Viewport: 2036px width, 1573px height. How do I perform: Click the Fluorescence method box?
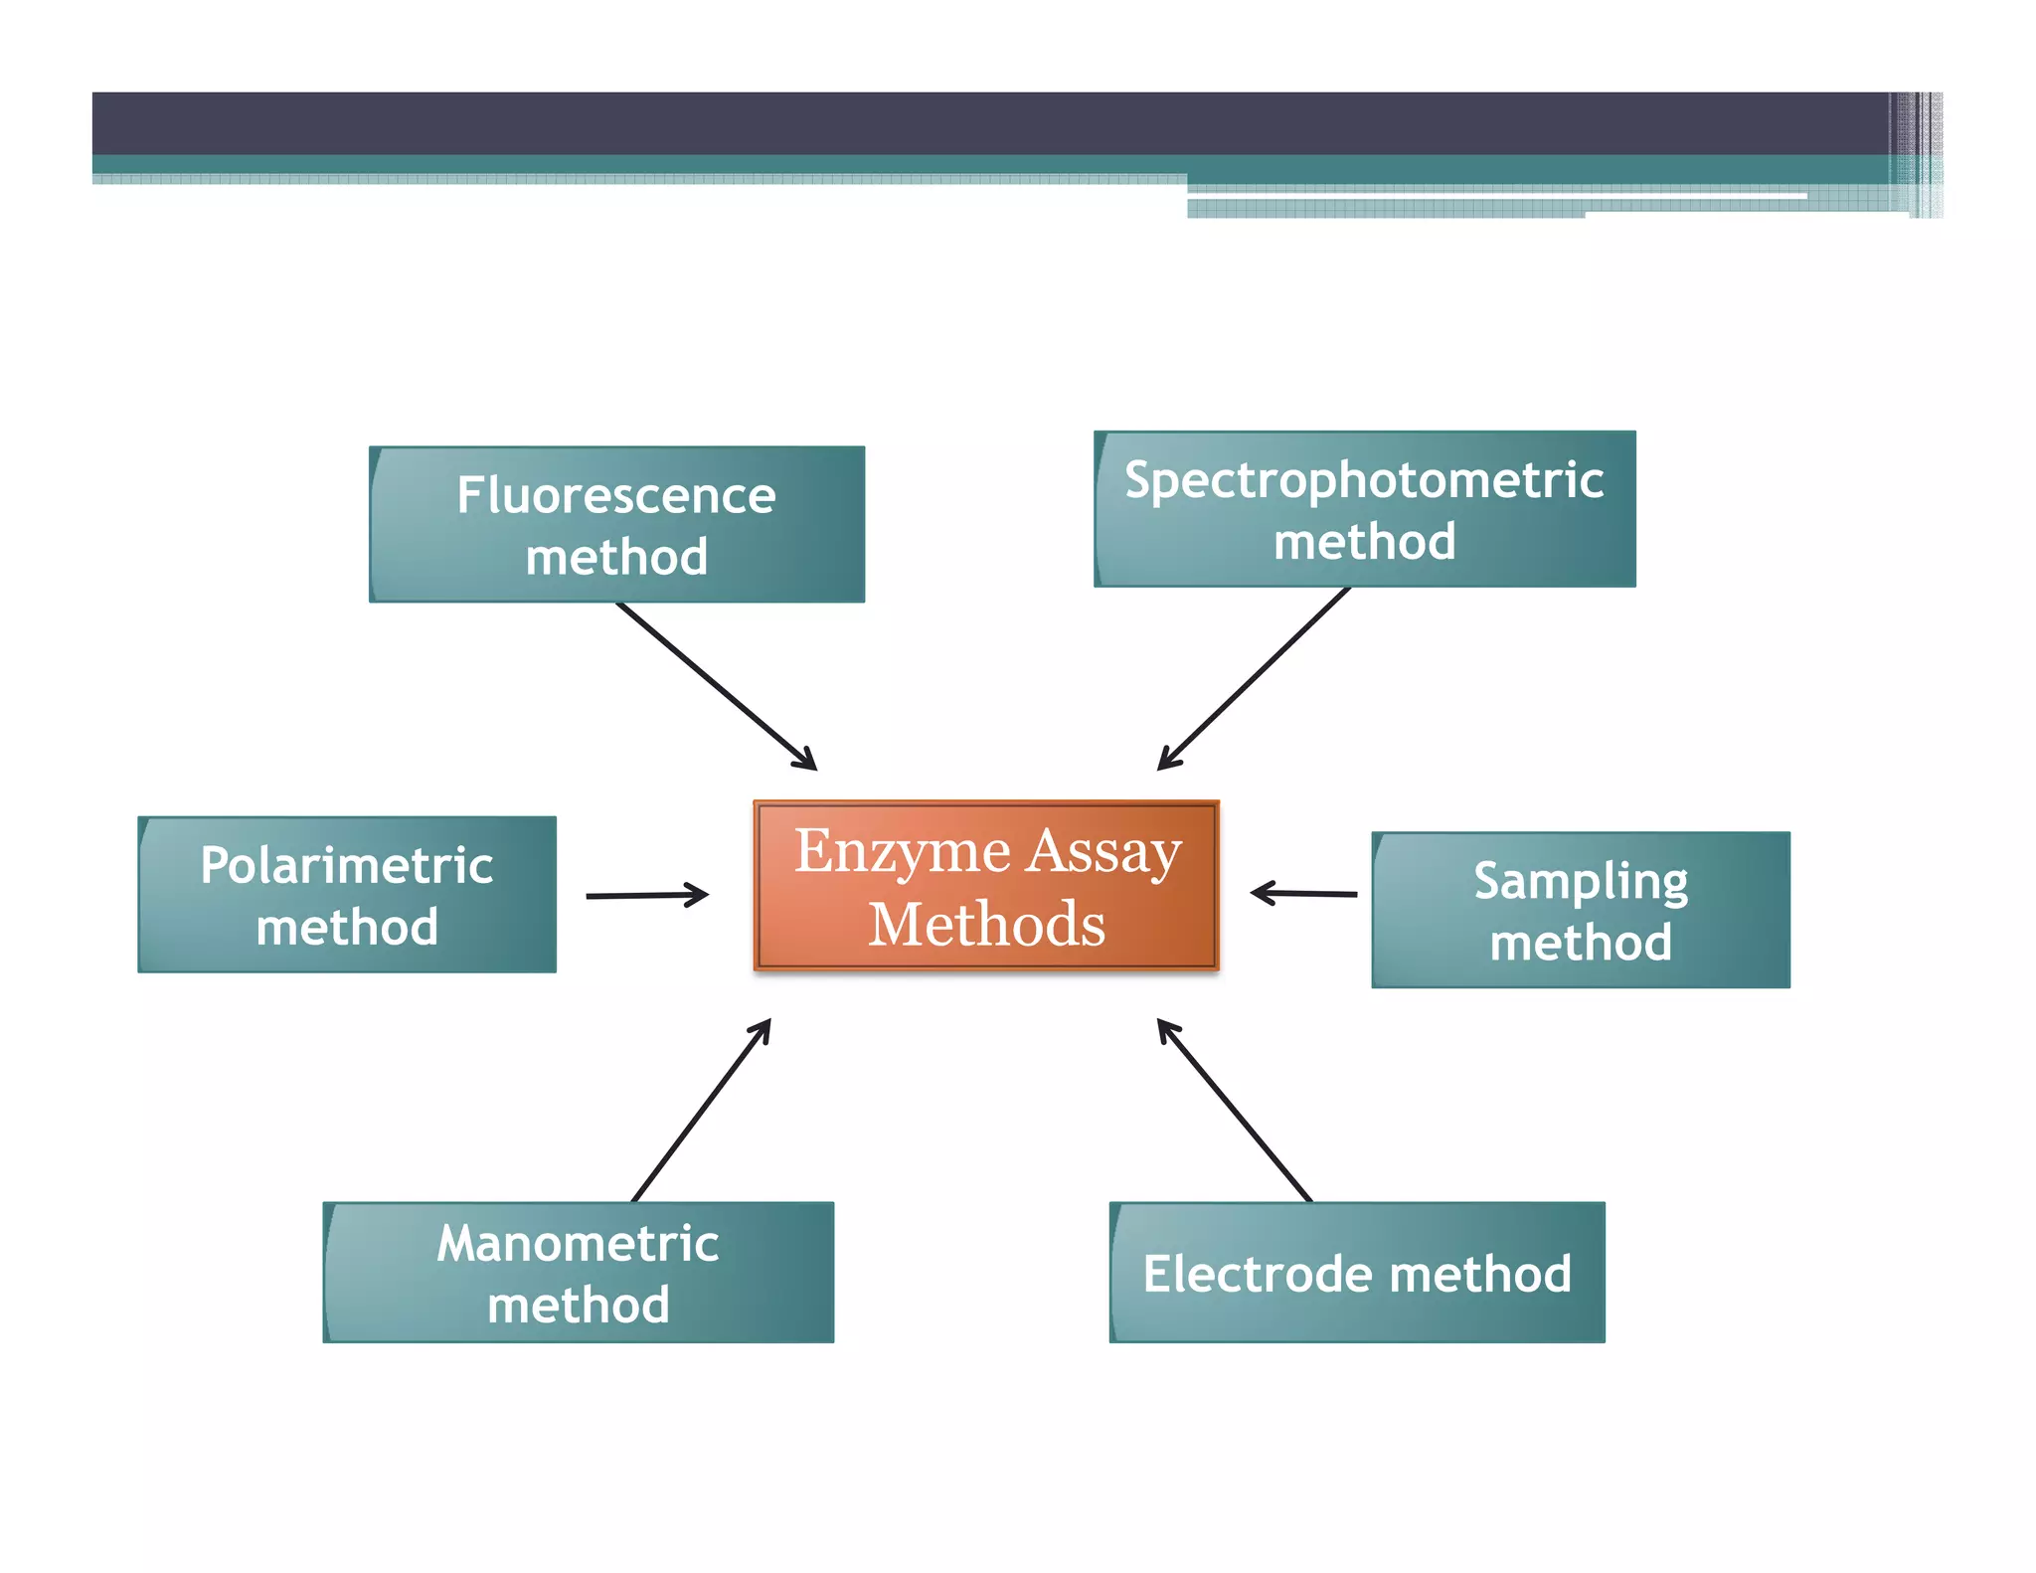616,524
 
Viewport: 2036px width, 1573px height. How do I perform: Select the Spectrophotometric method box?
1364,509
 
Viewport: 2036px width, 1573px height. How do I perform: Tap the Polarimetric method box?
347,894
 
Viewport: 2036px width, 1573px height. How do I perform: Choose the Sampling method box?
1581,910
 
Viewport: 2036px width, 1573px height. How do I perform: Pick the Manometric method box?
578,1272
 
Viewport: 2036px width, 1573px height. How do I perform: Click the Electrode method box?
1357,1272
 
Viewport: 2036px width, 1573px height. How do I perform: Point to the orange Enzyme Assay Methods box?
986,885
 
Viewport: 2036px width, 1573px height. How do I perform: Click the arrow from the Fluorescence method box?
716,685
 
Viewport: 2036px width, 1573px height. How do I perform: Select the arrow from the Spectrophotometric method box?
1255,678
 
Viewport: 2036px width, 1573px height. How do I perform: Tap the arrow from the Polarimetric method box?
646,895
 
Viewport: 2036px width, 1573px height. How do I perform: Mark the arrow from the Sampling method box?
1303,894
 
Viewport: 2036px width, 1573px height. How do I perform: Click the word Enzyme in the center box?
902,853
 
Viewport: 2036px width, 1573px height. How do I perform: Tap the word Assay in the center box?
1104,853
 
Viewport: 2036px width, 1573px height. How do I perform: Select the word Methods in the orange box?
986,925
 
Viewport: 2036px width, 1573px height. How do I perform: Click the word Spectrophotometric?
1364,481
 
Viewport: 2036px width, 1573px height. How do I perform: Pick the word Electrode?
1258,1274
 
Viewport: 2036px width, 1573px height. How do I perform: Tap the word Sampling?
1581,882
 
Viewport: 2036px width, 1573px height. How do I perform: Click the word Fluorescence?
616,495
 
